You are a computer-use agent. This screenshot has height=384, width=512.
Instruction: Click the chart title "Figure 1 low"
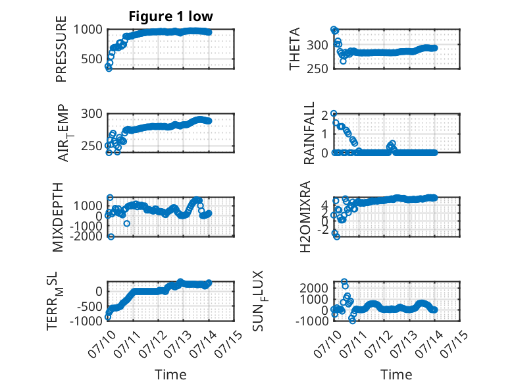(170, 16)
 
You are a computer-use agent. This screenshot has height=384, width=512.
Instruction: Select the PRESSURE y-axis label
(61, 49)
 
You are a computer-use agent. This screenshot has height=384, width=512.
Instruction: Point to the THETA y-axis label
(295, 49)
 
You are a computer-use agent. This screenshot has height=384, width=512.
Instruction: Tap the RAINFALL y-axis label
(309, 132)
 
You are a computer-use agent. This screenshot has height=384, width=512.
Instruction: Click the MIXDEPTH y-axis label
(57, 217)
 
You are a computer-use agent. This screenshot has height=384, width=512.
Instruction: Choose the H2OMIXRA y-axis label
(305, 217)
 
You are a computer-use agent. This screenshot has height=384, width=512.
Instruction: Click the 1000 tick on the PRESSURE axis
(88, 30)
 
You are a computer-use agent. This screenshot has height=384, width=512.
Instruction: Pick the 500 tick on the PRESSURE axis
(91, 59)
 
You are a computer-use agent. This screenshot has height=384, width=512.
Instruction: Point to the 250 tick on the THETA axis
(317, 69)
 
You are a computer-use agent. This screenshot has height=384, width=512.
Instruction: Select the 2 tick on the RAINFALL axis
(324, 115)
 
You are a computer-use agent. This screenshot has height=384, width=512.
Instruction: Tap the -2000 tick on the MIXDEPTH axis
(86, 235)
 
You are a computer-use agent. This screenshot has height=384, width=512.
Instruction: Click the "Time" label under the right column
(396, 375)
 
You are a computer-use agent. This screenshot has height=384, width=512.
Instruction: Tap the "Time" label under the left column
(170, 375)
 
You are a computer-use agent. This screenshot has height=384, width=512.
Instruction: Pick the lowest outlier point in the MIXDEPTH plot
(111, 236)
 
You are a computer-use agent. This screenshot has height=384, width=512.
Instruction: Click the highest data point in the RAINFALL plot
(334, 113)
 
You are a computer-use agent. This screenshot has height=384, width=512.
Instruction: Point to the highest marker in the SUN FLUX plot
(344, 281)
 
